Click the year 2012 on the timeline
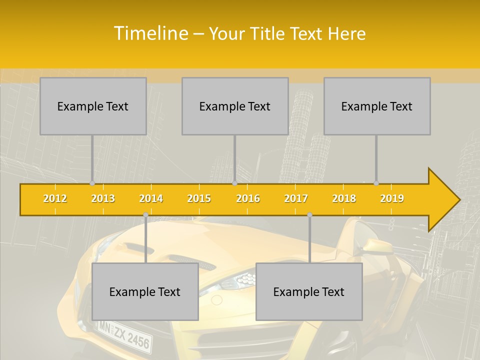pos(55,198)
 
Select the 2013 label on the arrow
pos(103,198)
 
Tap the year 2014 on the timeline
pos(151,198)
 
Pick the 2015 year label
pos(199,198)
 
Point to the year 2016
pos(248,198)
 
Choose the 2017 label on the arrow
pos(296,198)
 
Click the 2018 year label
pos(344,198)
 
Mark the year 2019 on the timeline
pos(392,198)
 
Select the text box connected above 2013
pos(93,106)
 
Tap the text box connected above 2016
pos(235,106)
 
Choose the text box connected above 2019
pos(377,106)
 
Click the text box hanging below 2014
pos(145,291)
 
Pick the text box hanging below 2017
pos(309,291)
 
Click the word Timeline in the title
pos(150,33)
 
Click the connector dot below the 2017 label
pos(309,214)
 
